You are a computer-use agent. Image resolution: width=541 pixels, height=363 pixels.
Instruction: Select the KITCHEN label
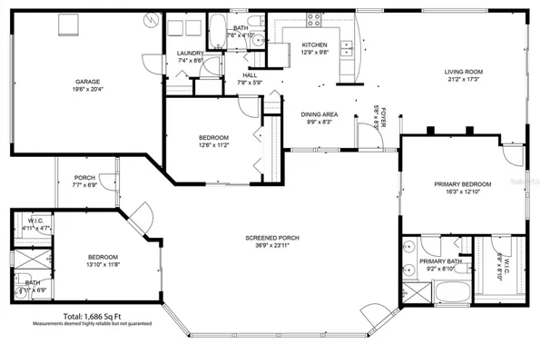click(314, 44)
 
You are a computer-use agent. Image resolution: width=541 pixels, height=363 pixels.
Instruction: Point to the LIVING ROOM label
click(462, 71)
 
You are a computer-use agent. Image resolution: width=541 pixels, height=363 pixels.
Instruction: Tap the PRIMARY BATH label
click(433, 262)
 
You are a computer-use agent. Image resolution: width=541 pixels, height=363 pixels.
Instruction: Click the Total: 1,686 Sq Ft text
click(93, 316)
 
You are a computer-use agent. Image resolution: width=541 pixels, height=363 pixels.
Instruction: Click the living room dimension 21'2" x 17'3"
click(462, 78)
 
